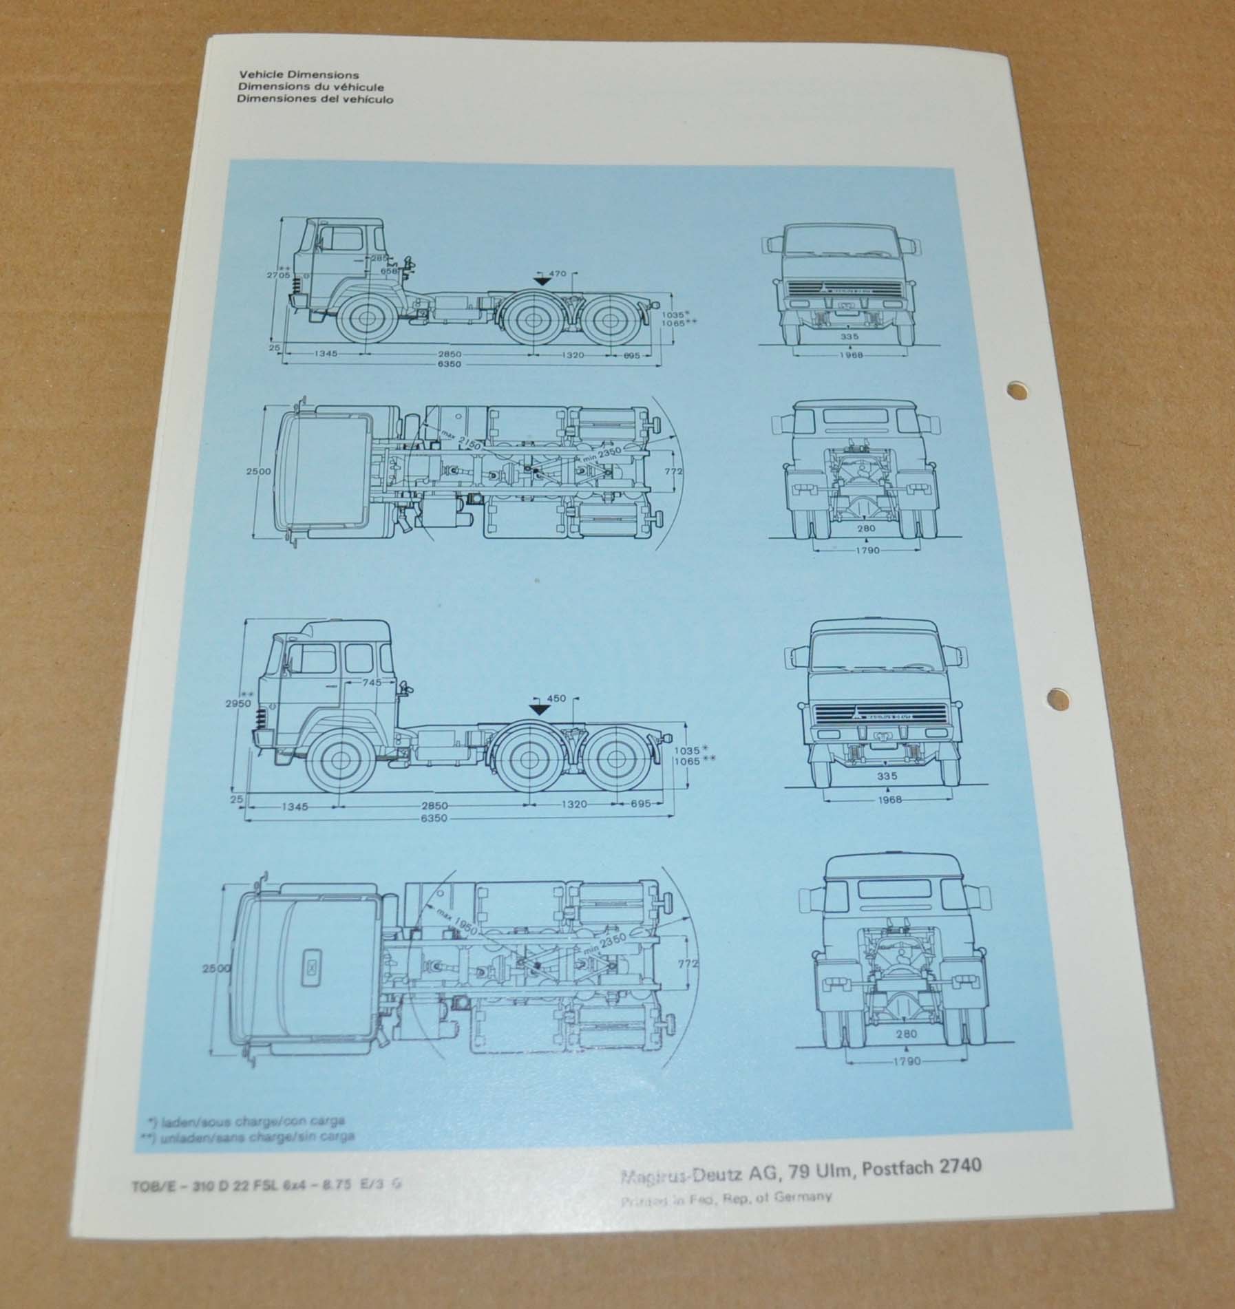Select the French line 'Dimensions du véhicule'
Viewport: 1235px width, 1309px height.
[x=310, y=86]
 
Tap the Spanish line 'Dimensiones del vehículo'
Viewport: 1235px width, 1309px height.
[x=315, y=99]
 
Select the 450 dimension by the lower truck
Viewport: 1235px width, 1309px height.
[x=556, y=699]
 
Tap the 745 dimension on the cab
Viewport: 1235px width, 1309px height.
[x=371, y=683]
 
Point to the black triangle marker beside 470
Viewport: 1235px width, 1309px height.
[x=542, y=281]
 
